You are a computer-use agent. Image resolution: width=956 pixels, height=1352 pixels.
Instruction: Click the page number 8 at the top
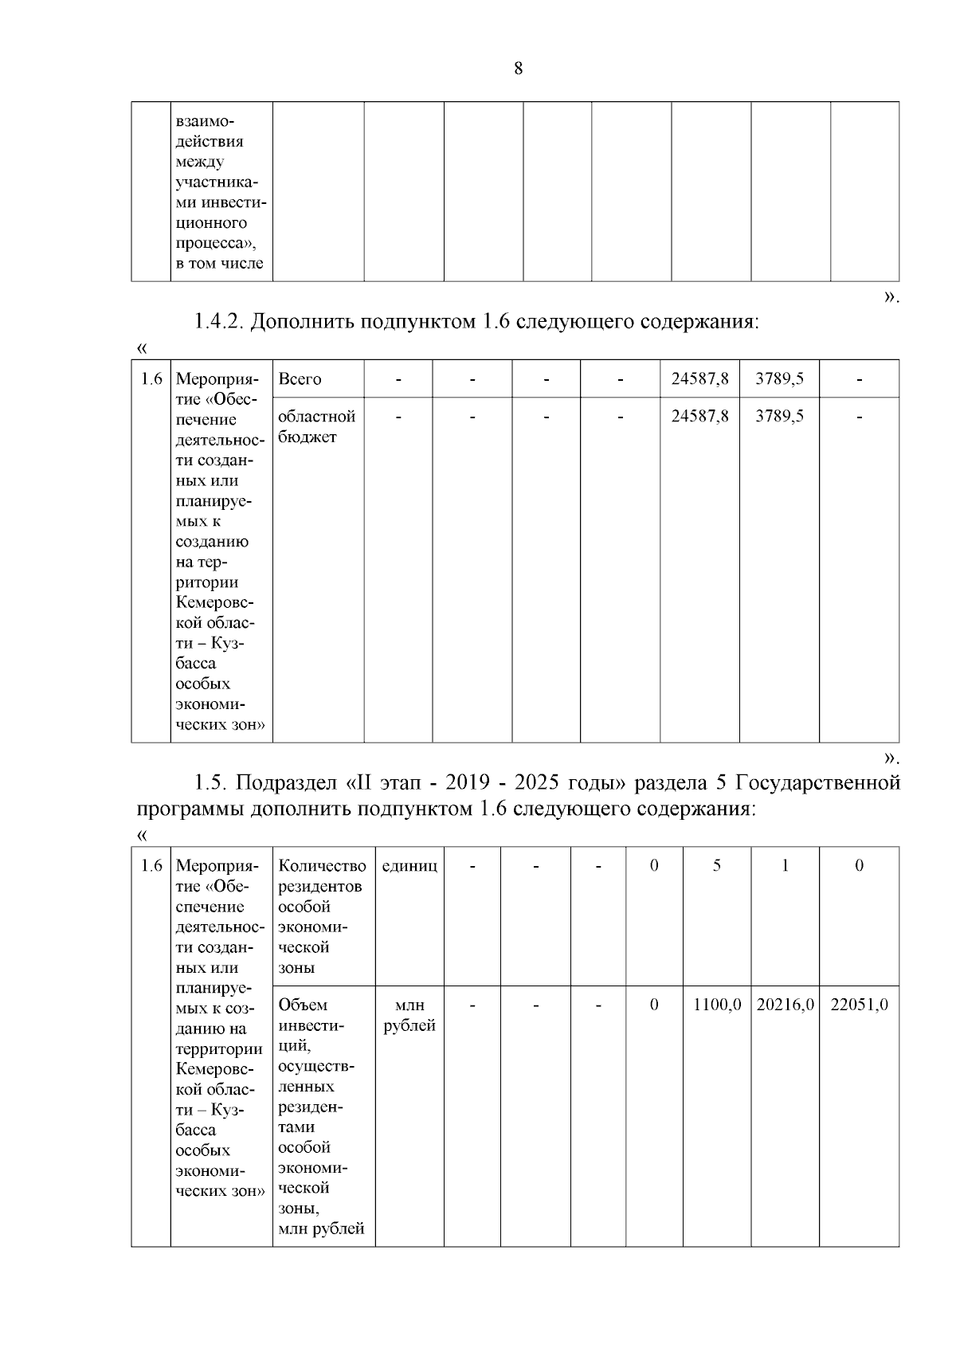[x=519, y=69]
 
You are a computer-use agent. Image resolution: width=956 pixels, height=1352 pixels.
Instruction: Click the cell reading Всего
[x=300, y=379]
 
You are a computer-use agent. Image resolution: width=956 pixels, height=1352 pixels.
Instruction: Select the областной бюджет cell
[x=316, y=426]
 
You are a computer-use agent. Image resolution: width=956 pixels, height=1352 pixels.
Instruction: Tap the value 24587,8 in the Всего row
[x=699, y=379]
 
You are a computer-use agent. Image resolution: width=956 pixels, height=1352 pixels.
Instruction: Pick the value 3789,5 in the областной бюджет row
[x=779, y=416]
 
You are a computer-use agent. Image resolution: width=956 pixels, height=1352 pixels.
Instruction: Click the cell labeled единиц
[x=409, y=866]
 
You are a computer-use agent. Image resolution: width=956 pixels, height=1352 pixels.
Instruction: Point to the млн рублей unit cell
[x=409, y=1015]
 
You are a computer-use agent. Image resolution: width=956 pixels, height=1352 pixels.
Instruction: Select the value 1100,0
[x=717, y=1005]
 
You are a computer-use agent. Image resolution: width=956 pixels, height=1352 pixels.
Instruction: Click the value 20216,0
[x=785, y=1005]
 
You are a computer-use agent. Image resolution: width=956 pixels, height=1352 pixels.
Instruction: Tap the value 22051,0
[x=859, y=1005]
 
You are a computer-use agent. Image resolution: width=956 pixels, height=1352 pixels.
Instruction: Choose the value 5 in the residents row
[x=717, y=866]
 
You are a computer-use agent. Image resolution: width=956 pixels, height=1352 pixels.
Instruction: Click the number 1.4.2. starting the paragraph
[x=219, y=322]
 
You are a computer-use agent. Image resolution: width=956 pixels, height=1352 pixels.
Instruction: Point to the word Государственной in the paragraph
[x=817, y=782]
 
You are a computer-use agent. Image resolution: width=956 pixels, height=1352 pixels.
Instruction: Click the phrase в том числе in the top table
[x=219, y=264]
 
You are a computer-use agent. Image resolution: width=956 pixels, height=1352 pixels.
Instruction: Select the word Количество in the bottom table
[x=322, y=866]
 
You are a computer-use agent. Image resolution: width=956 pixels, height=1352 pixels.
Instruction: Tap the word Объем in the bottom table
[x=303, y=1005]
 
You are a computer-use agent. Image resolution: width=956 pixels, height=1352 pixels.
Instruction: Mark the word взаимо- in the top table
[x=206, y=122]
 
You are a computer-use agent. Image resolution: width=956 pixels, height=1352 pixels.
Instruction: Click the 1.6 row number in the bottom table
[x=151, y=866]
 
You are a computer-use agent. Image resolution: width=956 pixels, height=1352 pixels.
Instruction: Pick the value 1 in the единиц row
[x=785, y=866]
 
